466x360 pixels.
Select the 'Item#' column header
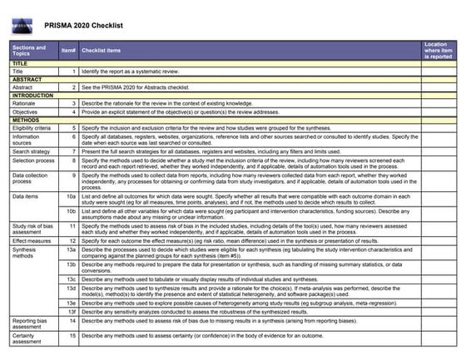[68, 50]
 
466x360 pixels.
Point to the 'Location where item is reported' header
[439, 50]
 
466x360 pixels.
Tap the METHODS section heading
[27, 120]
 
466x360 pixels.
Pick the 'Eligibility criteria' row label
[32, 128]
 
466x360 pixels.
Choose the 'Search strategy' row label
[31, 152]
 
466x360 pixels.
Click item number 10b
[71, 210]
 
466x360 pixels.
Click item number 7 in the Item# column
[73, 152]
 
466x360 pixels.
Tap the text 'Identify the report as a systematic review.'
[133, 71]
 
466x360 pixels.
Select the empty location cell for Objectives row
[439, 111]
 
